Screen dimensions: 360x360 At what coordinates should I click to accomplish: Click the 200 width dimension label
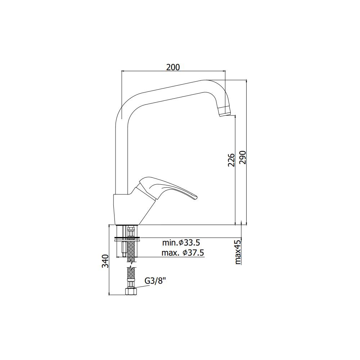(x=173, y=67)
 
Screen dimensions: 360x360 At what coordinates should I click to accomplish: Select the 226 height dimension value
(x=231, y=160)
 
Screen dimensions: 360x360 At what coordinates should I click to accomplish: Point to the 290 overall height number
(x=242, y=158)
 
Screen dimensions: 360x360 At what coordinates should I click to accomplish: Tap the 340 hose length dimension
(x=105, y=261)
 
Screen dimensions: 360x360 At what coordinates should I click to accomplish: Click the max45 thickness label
(x=238, y=252)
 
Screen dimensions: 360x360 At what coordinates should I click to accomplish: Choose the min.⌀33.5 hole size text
(x=181, y=242)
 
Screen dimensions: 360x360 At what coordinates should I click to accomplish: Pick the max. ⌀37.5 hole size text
(x=183, y=253)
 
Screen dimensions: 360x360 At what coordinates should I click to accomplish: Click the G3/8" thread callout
(x=155, y=281)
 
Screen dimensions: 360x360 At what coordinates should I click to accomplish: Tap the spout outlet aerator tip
(x=224, y=111)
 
